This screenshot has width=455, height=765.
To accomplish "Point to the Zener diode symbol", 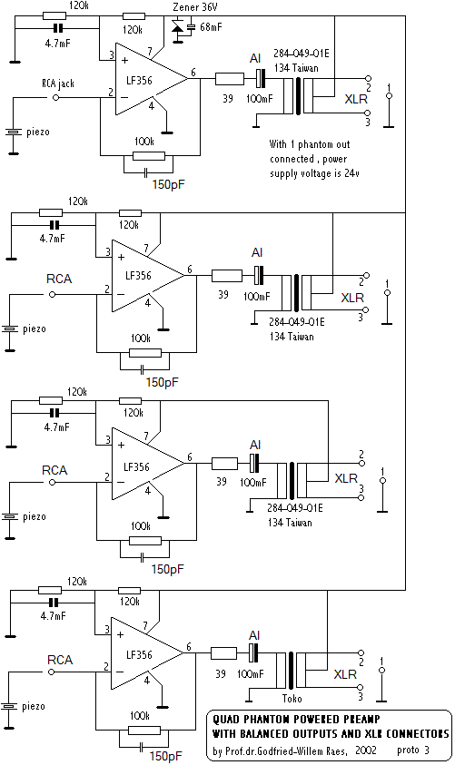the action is (x=177, y=26).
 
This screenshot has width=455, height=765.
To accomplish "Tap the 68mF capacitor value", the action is (x=211, y=27).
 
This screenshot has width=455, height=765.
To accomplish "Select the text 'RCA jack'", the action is (x=58, y=83).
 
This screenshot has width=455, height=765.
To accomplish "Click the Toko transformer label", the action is (x=292, y=698).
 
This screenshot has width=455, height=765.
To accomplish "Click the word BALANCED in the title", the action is (x=264, y=733).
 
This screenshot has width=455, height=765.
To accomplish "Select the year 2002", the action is (x=366, y=750).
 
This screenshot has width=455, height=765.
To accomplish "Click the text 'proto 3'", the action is (x=413, y=750).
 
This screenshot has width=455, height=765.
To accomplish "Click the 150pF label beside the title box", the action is (x=166, y=756).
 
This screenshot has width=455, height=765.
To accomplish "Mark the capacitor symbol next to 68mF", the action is (x=191, y=27).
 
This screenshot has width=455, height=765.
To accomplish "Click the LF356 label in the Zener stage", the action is (x=139, y=81).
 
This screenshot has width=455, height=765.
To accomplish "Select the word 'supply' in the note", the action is (x=283, y=174).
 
